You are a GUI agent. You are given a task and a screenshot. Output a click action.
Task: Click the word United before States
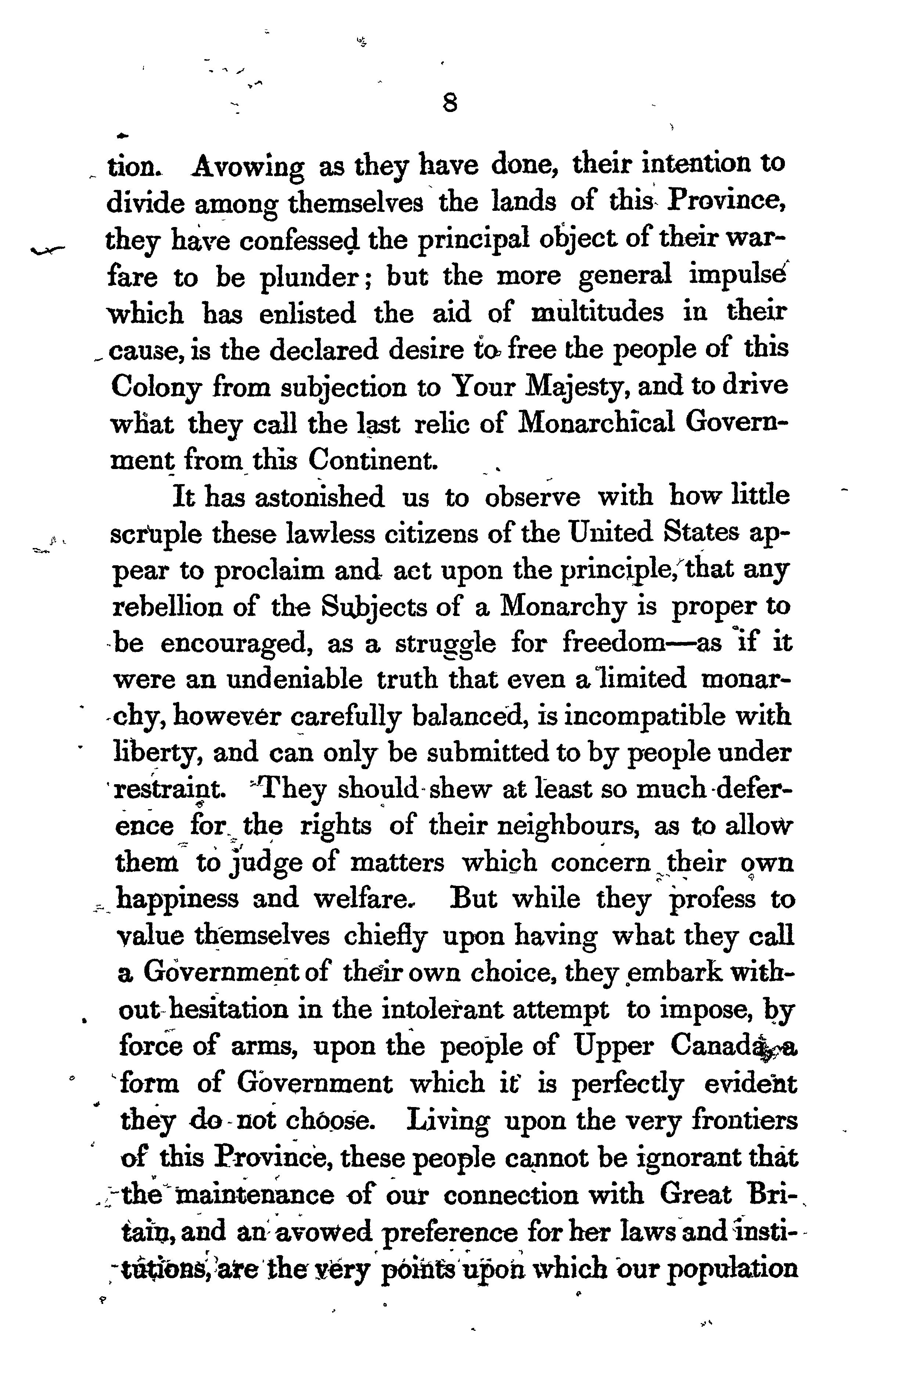click(x=612, y=533)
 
